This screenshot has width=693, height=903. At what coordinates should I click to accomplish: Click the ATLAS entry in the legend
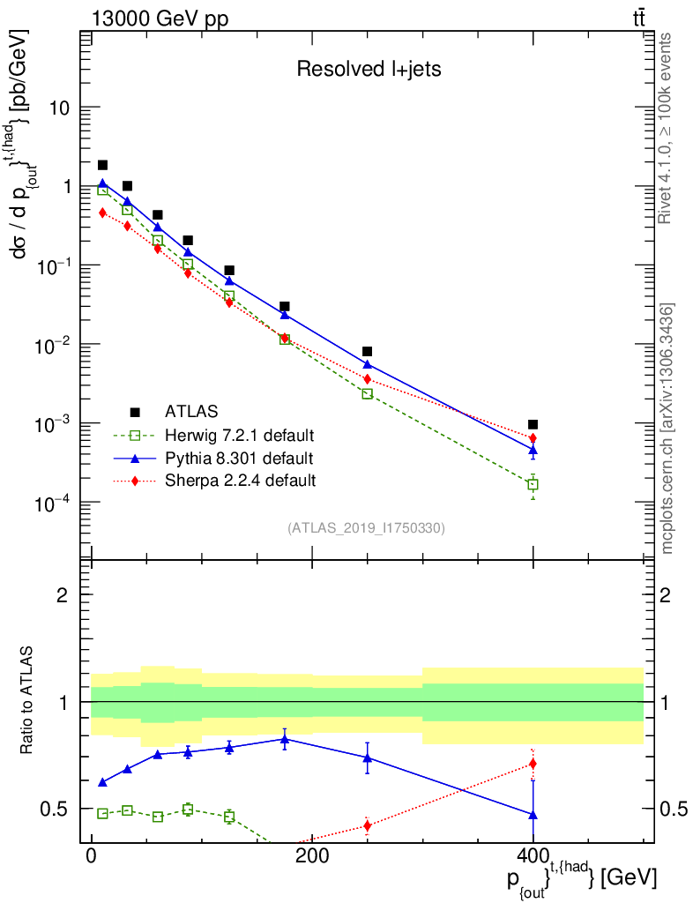191,411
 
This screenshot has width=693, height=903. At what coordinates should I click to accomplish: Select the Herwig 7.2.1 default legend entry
239,435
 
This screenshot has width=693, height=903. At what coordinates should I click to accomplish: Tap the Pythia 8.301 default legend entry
238,458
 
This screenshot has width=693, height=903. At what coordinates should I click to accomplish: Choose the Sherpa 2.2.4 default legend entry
240,481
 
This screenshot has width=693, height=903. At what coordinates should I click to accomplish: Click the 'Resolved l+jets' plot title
369,70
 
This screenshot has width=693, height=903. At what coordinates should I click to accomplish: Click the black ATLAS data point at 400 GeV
533,424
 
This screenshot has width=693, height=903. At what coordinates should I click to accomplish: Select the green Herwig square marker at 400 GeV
533,485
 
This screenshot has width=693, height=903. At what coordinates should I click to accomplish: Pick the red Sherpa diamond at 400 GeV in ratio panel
533,764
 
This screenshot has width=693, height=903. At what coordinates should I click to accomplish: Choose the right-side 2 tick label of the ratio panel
667,595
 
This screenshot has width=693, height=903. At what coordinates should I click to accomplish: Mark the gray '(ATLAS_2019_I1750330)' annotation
366,528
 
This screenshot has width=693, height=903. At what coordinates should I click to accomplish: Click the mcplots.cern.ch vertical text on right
667,429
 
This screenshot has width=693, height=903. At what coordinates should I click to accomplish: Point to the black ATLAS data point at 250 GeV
367,351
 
